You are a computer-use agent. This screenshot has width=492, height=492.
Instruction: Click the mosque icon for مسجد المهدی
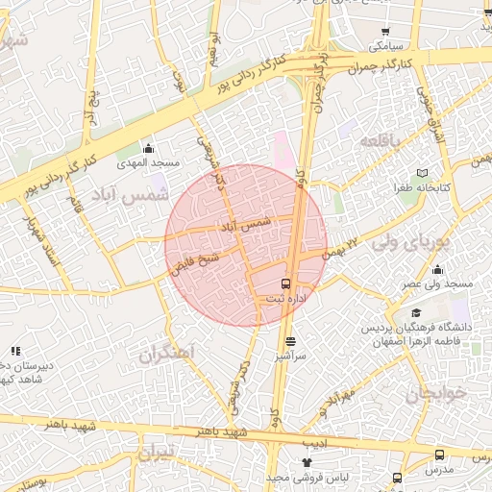pyautogui.click(x=148, y=148)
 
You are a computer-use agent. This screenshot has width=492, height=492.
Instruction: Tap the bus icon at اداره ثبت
pyautogui.click(x=285, y=283)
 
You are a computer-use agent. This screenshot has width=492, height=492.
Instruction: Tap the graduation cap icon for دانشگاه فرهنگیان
pyautogui.click(x=415, y=313)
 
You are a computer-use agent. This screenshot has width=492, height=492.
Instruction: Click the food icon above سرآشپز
pyautogui.click(x=290, y=340)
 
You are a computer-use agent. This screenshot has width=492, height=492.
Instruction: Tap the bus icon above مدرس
pyautogui.click(x=439, y=455)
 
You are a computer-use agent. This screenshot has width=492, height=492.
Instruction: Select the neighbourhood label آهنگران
pyautogui.click(x=166, y=355)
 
